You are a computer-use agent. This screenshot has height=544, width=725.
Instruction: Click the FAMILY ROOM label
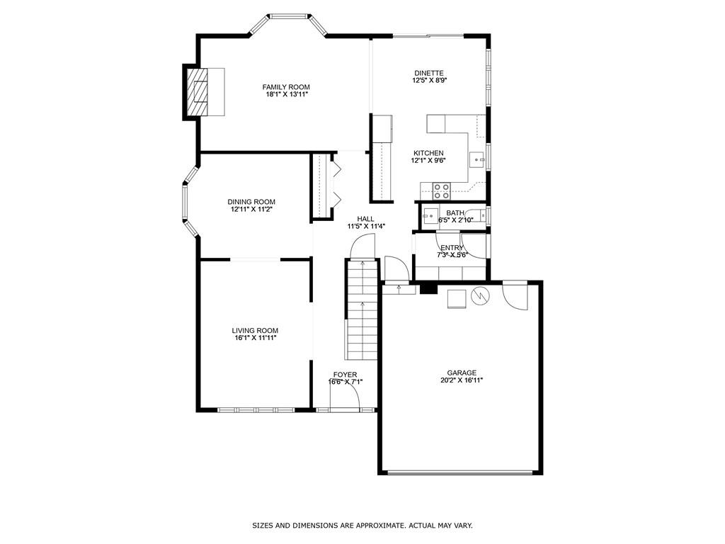(x=286, y=86)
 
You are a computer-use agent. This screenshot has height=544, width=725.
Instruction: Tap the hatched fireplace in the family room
(x=201, y=91)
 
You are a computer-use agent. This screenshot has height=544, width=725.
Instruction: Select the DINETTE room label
(x=428, y=73)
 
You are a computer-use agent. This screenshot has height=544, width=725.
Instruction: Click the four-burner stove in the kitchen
(x=441, y=190)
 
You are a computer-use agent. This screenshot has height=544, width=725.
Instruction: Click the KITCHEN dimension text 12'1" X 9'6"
(x=428, y=161)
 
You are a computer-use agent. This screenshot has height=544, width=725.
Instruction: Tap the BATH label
(x=455, y=212)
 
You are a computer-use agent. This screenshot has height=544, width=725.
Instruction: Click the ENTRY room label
(x=452, y=248)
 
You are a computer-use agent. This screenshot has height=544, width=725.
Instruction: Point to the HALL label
(x=365, y=219)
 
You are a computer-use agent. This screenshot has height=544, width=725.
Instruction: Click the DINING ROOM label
(x=251, y=202)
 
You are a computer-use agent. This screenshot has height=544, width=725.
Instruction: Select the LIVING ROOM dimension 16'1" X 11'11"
(x=255, y=338)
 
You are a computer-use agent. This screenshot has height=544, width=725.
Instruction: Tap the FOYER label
(x=346, y=375)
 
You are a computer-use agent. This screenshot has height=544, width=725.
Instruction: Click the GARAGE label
(x=461, y=373)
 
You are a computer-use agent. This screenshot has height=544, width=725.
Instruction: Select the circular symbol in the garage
(x=480, y=295)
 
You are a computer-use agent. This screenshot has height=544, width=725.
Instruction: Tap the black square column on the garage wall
(x=427, y=288)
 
